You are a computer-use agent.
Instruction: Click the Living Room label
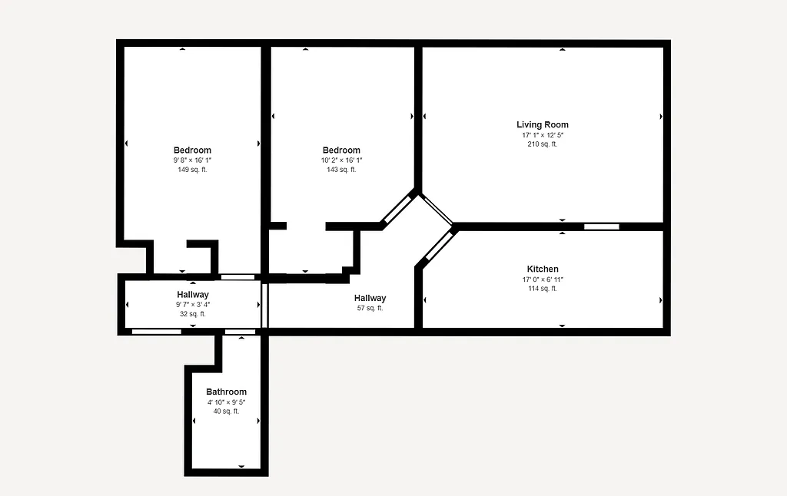(543, 124)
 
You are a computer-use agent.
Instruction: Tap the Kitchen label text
(543, 269)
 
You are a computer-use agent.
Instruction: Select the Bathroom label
(226, 392)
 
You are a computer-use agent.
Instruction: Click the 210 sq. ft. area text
(543, 144)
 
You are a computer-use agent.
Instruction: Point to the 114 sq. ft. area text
(543, 289)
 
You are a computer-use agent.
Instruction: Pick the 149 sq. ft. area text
(192, 170)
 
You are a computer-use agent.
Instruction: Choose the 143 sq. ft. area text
(341, 170)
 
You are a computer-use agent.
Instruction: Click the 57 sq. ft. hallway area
(370, 308)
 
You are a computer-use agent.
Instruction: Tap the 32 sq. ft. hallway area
(192, 314)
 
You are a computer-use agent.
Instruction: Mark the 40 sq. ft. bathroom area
(226, 412)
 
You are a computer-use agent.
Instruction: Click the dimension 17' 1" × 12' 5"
(543, 135)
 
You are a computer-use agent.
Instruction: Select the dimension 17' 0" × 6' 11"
(543, 279)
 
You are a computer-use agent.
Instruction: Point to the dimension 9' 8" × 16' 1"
(192, 160)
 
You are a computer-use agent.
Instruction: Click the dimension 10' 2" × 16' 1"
(341, 160)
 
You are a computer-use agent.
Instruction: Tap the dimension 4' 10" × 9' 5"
(226, 402)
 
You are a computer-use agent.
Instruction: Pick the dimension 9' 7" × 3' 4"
(192, 305)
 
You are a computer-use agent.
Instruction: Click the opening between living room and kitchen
(601, 227)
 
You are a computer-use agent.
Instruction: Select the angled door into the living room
(437, 210)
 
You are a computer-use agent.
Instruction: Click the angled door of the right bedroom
(398, 208)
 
